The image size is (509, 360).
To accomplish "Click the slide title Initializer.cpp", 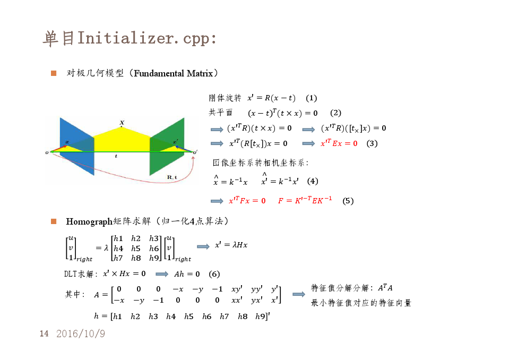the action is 146,38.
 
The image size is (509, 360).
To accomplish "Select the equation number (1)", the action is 312,98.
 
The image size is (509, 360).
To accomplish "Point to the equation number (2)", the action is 335,113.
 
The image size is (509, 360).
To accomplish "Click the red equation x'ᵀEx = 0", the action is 339,143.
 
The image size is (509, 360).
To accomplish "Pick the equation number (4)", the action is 313,181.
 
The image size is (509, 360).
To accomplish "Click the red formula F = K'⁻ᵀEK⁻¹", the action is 305,200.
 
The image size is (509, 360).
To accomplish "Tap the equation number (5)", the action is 348,201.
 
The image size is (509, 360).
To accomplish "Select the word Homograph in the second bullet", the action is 89,222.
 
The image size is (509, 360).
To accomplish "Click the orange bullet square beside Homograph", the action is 54,221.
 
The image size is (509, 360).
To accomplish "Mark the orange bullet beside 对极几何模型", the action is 54,73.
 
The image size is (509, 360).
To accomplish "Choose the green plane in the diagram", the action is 167,146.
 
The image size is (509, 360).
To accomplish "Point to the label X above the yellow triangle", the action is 122,123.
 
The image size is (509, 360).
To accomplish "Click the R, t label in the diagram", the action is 172,177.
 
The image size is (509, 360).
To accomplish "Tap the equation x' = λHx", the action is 231,245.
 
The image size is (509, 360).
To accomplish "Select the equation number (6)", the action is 214,274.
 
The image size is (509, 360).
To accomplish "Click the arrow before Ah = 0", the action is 162,275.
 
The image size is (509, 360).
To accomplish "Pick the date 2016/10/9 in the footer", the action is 81,333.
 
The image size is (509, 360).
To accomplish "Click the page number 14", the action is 44,333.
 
